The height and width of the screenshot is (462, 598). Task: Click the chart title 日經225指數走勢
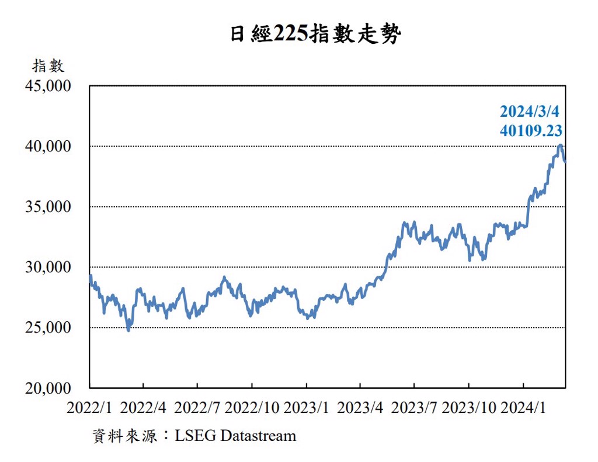point(315,34)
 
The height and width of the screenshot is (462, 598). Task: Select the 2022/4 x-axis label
point(144,408)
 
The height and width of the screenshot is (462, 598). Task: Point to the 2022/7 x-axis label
point(197,408)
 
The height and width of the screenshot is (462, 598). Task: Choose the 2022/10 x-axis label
point(252,408)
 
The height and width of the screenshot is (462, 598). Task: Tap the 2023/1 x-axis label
point(306,408)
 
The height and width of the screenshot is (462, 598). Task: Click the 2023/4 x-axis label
point(360,408)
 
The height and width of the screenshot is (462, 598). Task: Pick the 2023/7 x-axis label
point(414,408)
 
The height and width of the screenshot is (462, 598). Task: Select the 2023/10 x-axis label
point(468,408)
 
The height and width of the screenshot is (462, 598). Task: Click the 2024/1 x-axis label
point(523,408)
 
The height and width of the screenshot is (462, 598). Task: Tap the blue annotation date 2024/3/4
point(530,112)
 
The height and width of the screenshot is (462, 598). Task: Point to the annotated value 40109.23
point(531,130)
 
